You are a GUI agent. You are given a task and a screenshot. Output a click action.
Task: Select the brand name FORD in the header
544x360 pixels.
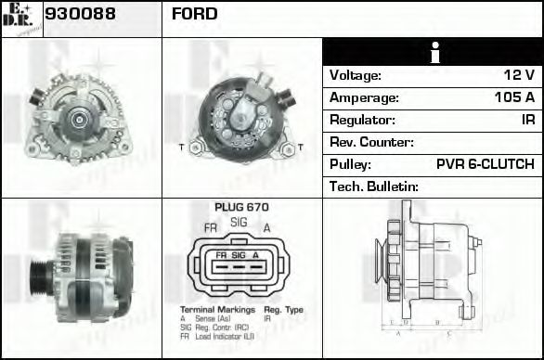click(x=195, y=14)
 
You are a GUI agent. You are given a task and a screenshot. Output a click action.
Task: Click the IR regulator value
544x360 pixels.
click(x=526, y=120)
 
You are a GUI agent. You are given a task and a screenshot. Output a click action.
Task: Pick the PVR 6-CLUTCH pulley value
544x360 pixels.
click(x=485, y=164)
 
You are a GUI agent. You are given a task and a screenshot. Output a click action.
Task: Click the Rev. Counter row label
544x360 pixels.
click(x=371, y=142)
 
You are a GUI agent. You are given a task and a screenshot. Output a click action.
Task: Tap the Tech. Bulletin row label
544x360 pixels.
click(x=374, y=186)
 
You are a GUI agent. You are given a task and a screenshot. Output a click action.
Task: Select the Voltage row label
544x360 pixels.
click(x=356, y=75)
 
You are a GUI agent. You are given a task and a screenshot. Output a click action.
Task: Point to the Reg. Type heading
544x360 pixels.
click(x=283, y=308)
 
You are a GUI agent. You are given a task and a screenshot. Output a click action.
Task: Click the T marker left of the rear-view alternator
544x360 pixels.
click(x=180, y=148)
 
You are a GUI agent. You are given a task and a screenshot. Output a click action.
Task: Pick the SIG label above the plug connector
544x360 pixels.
click(x=239, y=222)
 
